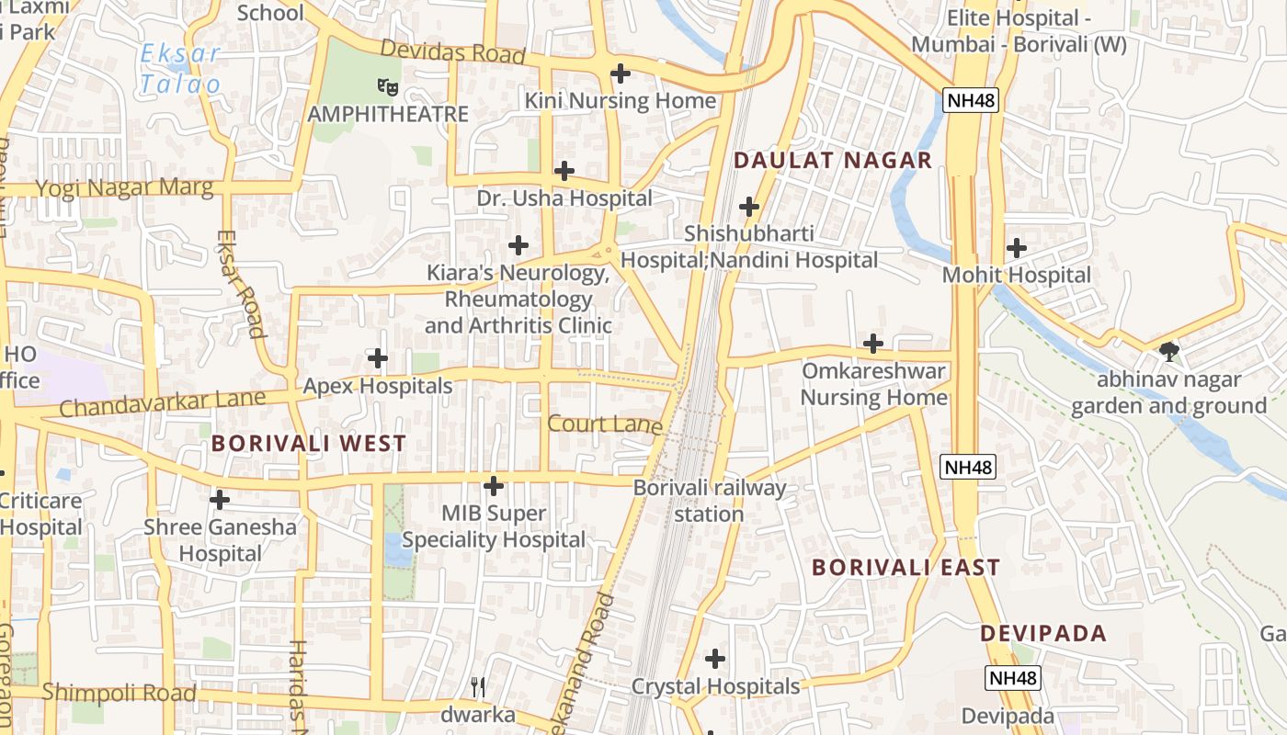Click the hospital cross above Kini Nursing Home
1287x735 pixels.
tap(621, 73)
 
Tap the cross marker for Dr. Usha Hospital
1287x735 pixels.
tap(564, 171)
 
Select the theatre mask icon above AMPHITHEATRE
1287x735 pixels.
tap(388, 87)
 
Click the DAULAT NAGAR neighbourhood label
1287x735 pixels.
tap(833, 161)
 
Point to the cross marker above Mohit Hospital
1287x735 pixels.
tap(1017, 248)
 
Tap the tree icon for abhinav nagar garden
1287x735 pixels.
tap(1168, 352)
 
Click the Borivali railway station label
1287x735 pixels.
tap(710, 500)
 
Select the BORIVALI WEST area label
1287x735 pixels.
tap(309, 443)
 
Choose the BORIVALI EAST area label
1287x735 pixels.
tap(905, 568)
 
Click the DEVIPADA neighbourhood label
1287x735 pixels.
tap(1042, 634)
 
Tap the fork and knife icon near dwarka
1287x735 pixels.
tap(477, 687)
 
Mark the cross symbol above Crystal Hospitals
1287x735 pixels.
tap(715, 659)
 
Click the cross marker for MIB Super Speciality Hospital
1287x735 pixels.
tap(494, 486)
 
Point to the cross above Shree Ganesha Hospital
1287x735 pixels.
tap(220, 500)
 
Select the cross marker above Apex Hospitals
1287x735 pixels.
tap(378, 358)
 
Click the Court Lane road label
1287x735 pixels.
tap(605, 424)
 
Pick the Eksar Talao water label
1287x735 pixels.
tap(181, 69)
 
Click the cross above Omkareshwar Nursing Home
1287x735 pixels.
tap(873, 345)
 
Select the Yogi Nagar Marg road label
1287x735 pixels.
tap(124, 188)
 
